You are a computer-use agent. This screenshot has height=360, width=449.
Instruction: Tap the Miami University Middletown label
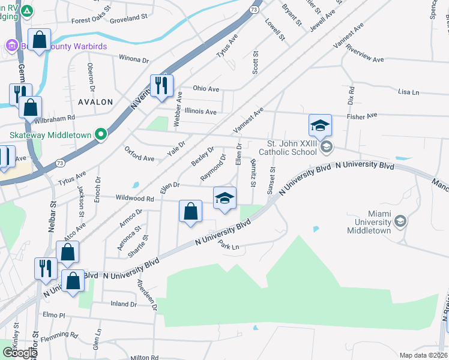367,222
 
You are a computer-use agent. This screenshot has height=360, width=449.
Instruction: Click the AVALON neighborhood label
95,102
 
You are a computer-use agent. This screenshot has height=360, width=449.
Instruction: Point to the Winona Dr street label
133,60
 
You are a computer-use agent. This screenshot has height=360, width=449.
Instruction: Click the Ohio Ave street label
206,89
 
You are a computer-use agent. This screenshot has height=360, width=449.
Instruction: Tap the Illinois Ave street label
200,112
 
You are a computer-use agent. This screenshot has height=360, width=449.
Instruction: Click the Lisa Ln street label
408,92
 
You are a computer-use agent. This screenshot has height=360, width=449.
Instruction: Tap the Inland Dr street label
124,304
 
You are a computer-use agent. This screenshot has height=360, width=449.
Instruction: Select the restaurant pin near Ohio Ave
161,85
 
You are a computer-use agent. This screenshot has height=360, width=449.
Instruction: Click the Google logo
19,353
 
